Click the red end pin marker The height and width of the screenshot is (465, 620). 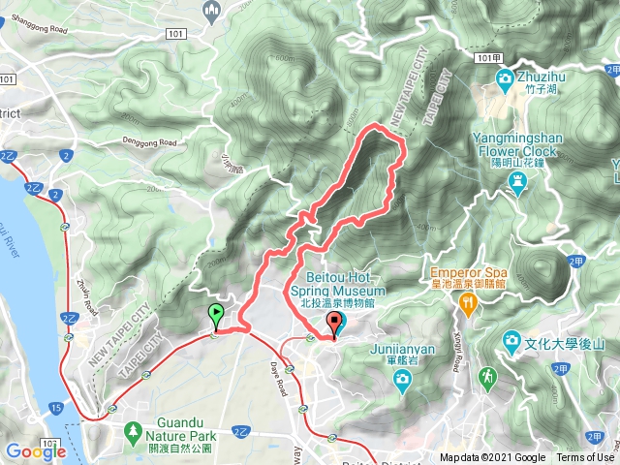point(335,323)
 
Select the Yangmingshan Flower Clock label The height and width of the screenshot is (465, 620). point(515,145)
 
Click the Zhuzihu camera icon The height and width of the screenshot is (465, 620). point(504,78)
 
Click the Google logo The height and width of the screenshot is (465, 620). point(35,450)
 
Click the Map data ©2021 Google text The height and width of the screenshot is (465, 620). point(492,457)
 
